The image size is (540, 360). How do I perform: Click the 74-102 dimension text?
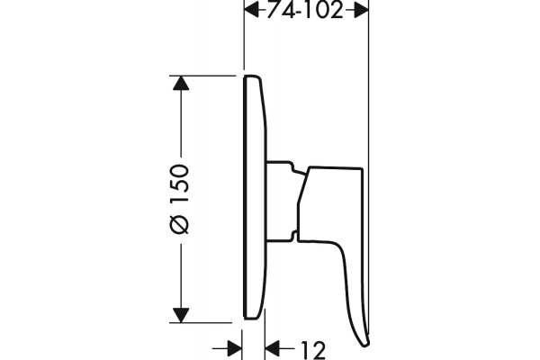click(x=305, y=10)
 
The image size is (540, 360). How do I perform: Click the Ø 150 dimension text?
click(x=180, y=199)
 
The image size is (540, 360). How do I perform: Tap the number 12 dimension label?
click(x=313, y=350)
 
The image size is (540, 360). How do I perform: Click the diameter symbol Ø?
click(x=180, y=224)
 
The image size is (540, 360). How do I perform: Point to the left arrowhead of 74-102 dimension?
click(x=251, y=10)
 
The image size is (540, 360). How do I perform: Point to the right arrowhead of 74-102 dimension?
click(x=361, y=10)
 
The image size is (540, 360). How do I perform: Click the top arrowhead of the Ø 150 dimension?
click(x=181, y=83)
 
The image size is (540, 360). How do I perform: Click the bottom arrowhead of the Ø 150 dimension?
click(x=181, y=315)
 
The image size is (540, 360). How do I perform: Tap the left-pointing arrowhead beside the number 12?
click(x=273, y=348)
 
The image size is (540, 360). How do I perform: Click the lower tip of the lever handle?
click(x=365, y=345)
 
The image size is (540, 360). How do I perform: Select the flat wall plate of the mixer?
click(x=255, y=197)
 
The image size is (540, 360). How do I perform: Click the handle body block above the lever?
click(x=330, y=204)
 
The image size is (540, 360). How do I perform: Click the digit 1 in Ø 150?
click(x=180, y=204)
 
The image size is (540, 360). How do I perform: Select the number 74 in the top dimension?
click(x=281, y=10)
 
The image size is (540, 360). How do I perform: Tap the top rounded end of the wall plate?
click(x=252, y=76)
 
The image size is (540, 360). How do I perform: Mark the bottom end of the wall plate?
click(x=252, y=317)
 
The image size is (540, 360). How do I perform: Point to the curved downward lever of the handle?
click(x=351, y=292)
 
